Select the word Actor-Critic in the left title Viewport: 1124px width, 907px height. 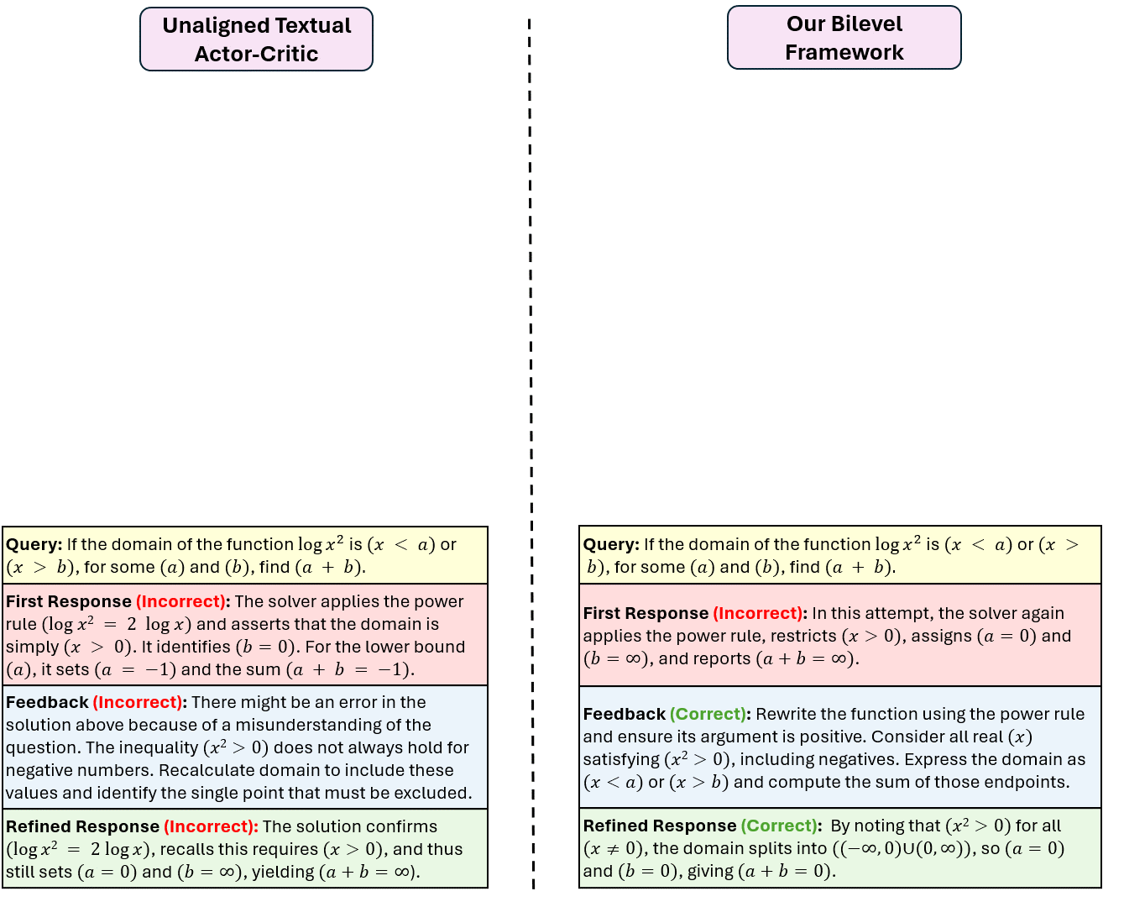[256, 54]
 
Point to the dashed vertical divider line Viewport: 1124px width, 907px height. [531, 453]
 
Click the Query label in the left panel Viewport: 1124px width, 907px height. [34, 544]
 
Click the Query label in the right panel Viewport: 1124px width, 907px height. [610, 544]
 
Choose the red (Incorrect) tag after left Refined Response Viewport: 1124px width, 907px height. [211, 826]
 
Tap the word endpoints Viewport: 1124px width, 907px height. [1027, 782]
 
